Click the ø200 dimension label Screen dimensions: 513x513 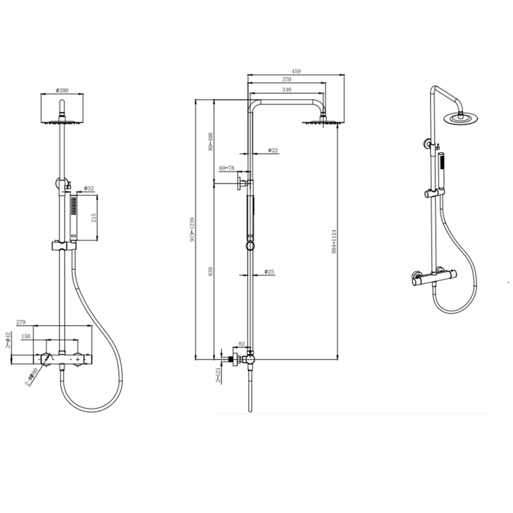click(x=62, y=90)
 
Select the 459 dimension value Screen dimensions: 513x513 click(x=296, y=71)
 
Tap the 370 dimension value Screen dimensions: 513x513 click(x=287, y=79)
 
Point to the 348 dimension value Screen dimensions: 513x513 click(x=287, y=89)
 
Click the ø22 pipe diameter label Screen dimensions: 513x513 click(x=273, y=150)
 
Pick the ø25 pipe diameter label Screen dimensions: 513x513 click(x=269, y=271)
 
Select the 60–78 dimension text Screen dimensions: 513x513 click(x=227, y=168)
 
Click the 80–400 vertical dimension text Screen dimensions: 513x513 click(x=210, y=141)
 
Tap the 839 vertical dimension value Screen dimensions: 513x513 click(x=210, y=271)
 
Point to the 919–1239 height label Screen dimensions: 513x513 click(x=193, y=230)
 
